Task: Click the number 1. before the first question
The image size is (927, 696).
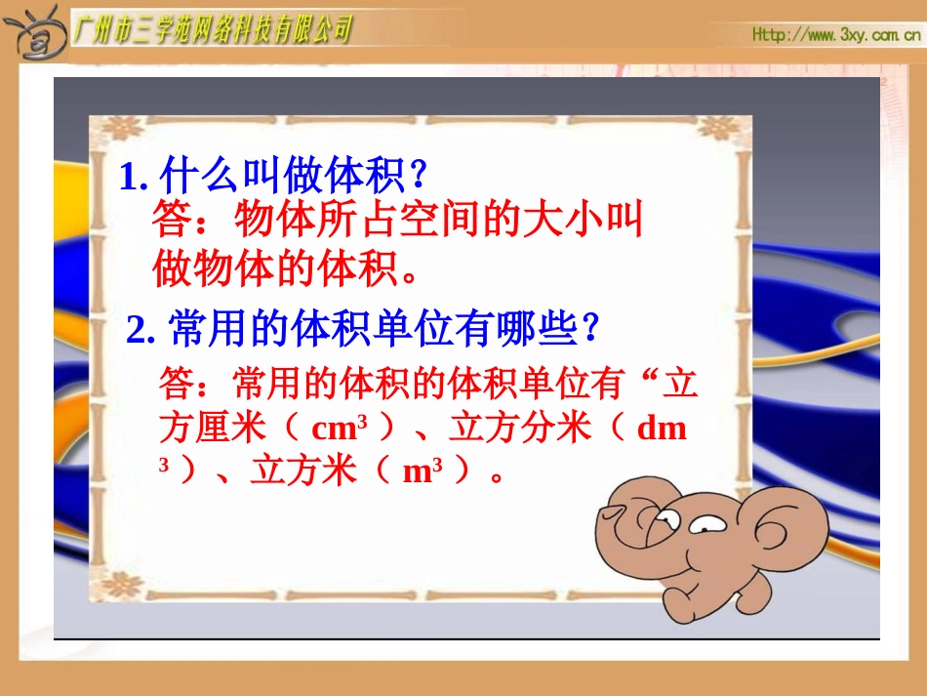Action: (133, 178)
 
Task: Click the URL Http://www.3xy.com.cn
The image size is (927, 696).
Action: (836, 35)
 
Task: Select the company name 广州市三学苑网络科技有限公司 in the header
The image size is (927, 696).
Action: (213, 31)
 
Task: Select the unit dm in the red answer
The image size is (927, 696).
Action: (662, 430)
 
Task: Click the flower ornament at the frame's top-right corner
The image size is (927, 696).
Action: (730, 127)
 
